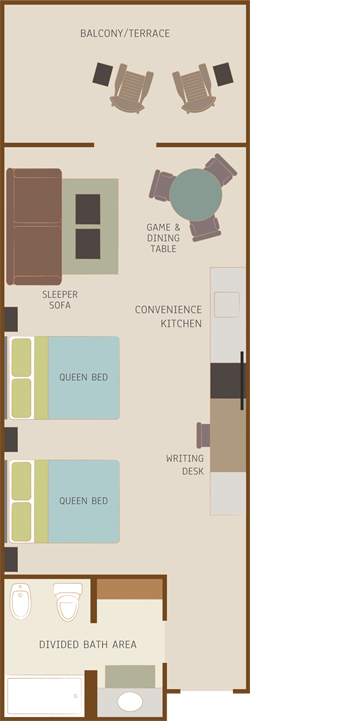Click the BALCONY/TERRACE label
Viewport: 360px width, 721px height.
(125, 33)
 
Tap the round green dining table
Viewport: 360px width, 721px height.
(195, 195)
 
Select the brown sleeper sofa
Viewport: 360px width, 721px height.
(34, 226)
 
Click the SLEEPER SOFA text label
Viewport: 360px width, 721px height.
(60, 299)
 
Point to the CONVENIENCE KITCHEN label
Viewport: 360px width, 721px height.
(168, 316)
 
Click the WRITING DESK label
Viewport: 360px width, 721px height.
(185, 464)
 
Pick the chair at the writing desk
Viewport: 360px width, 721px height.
(203, 435)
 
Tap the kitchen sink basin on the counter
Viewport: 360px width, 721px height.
(227, 304)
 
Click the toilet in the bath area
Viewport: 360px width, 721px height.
(68, 601)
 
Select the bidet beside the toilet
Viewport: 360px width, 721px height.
(21, 601)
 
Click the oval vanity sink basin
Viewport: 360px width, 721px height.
(130, 702)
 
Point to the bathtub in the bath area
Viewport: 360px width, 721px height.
(45, 696)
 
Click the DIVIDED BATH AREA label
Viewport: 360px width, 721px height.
(87, 645)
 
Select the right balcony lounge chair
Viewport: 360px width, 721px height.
(194, 89)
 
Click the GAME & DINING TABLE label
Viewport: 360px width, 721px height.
(163, 238)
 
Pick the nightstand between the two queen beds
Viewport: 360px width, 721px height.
(11, 440)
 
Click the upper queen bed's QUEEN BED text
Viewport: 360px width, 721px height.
(84, 378)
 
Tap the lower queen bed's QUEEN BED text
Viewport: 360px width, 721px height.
(84, 501)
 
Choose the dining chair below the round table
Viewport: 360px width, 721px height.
(206, 229)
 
